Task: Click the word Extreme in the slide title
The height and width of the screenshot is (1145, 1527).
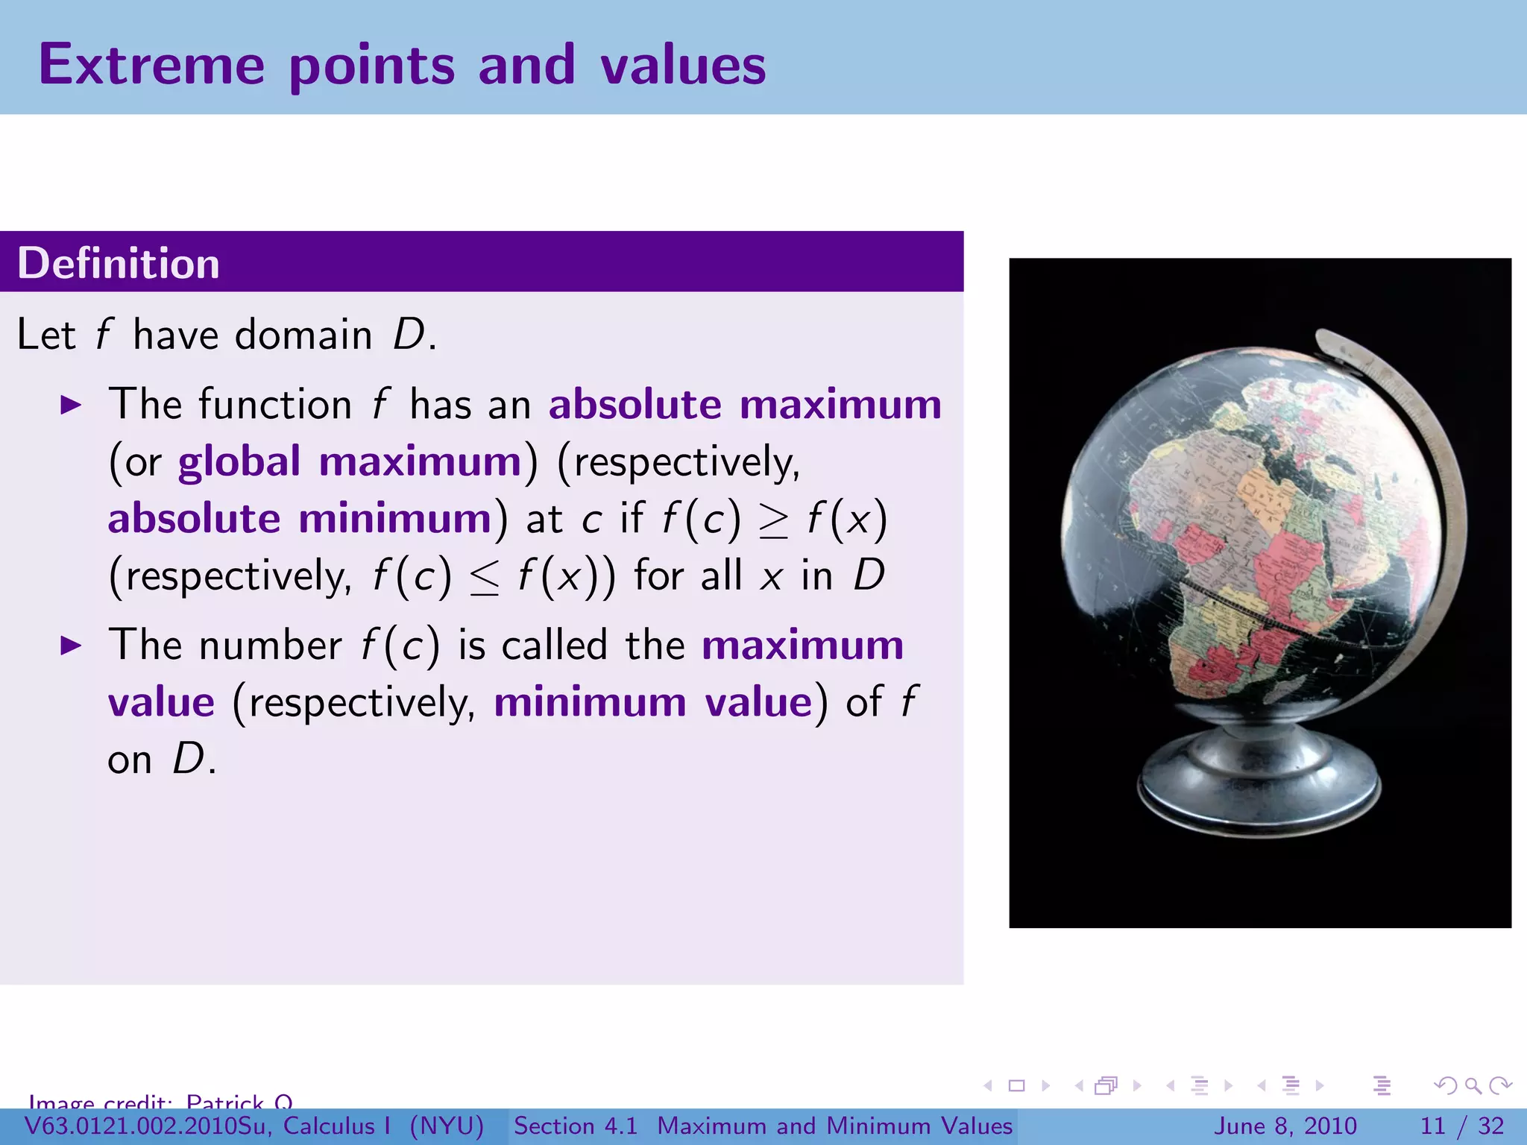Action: (x=151, y=65)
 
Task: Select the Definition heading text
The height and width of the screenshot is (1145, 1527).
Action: (x=119, y=264)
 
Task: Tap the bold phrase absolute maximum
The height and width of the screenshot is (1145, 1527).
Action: (x=745, y=405)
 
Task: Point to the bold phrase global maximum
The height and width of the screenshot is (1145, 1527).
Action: (x=350, y=462)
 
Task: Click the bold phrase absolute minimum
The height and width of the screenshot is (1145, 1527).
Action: (x=300, y=519)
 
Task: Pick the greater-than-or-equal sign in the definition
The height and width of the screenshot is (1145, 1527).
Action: (x=773, y=520)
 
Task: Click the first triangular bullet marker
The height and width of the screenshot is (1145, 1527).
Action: (x=71, y=406)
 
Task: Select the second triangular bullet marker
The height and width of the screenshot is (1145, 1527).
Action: (x=71, y=646)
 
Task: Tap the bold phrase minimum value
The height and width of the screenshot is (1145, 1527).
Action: (x=653, y=703)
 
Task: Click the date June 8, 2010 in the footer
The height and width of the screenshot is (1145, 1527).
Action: (x=1286, y=1126)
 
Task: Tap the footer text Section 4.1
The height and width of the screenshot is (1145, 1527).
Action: (x=576, y=1126)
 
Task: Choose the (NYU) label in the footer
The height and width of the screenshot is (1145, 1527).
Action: (x=447, y=1126)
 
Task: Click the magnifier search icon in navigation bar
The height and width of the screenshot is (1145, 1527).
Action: (x=1473, y=1085)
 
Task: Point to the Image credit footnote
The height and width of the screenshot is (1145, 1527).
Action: (x=160, y=1101)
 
